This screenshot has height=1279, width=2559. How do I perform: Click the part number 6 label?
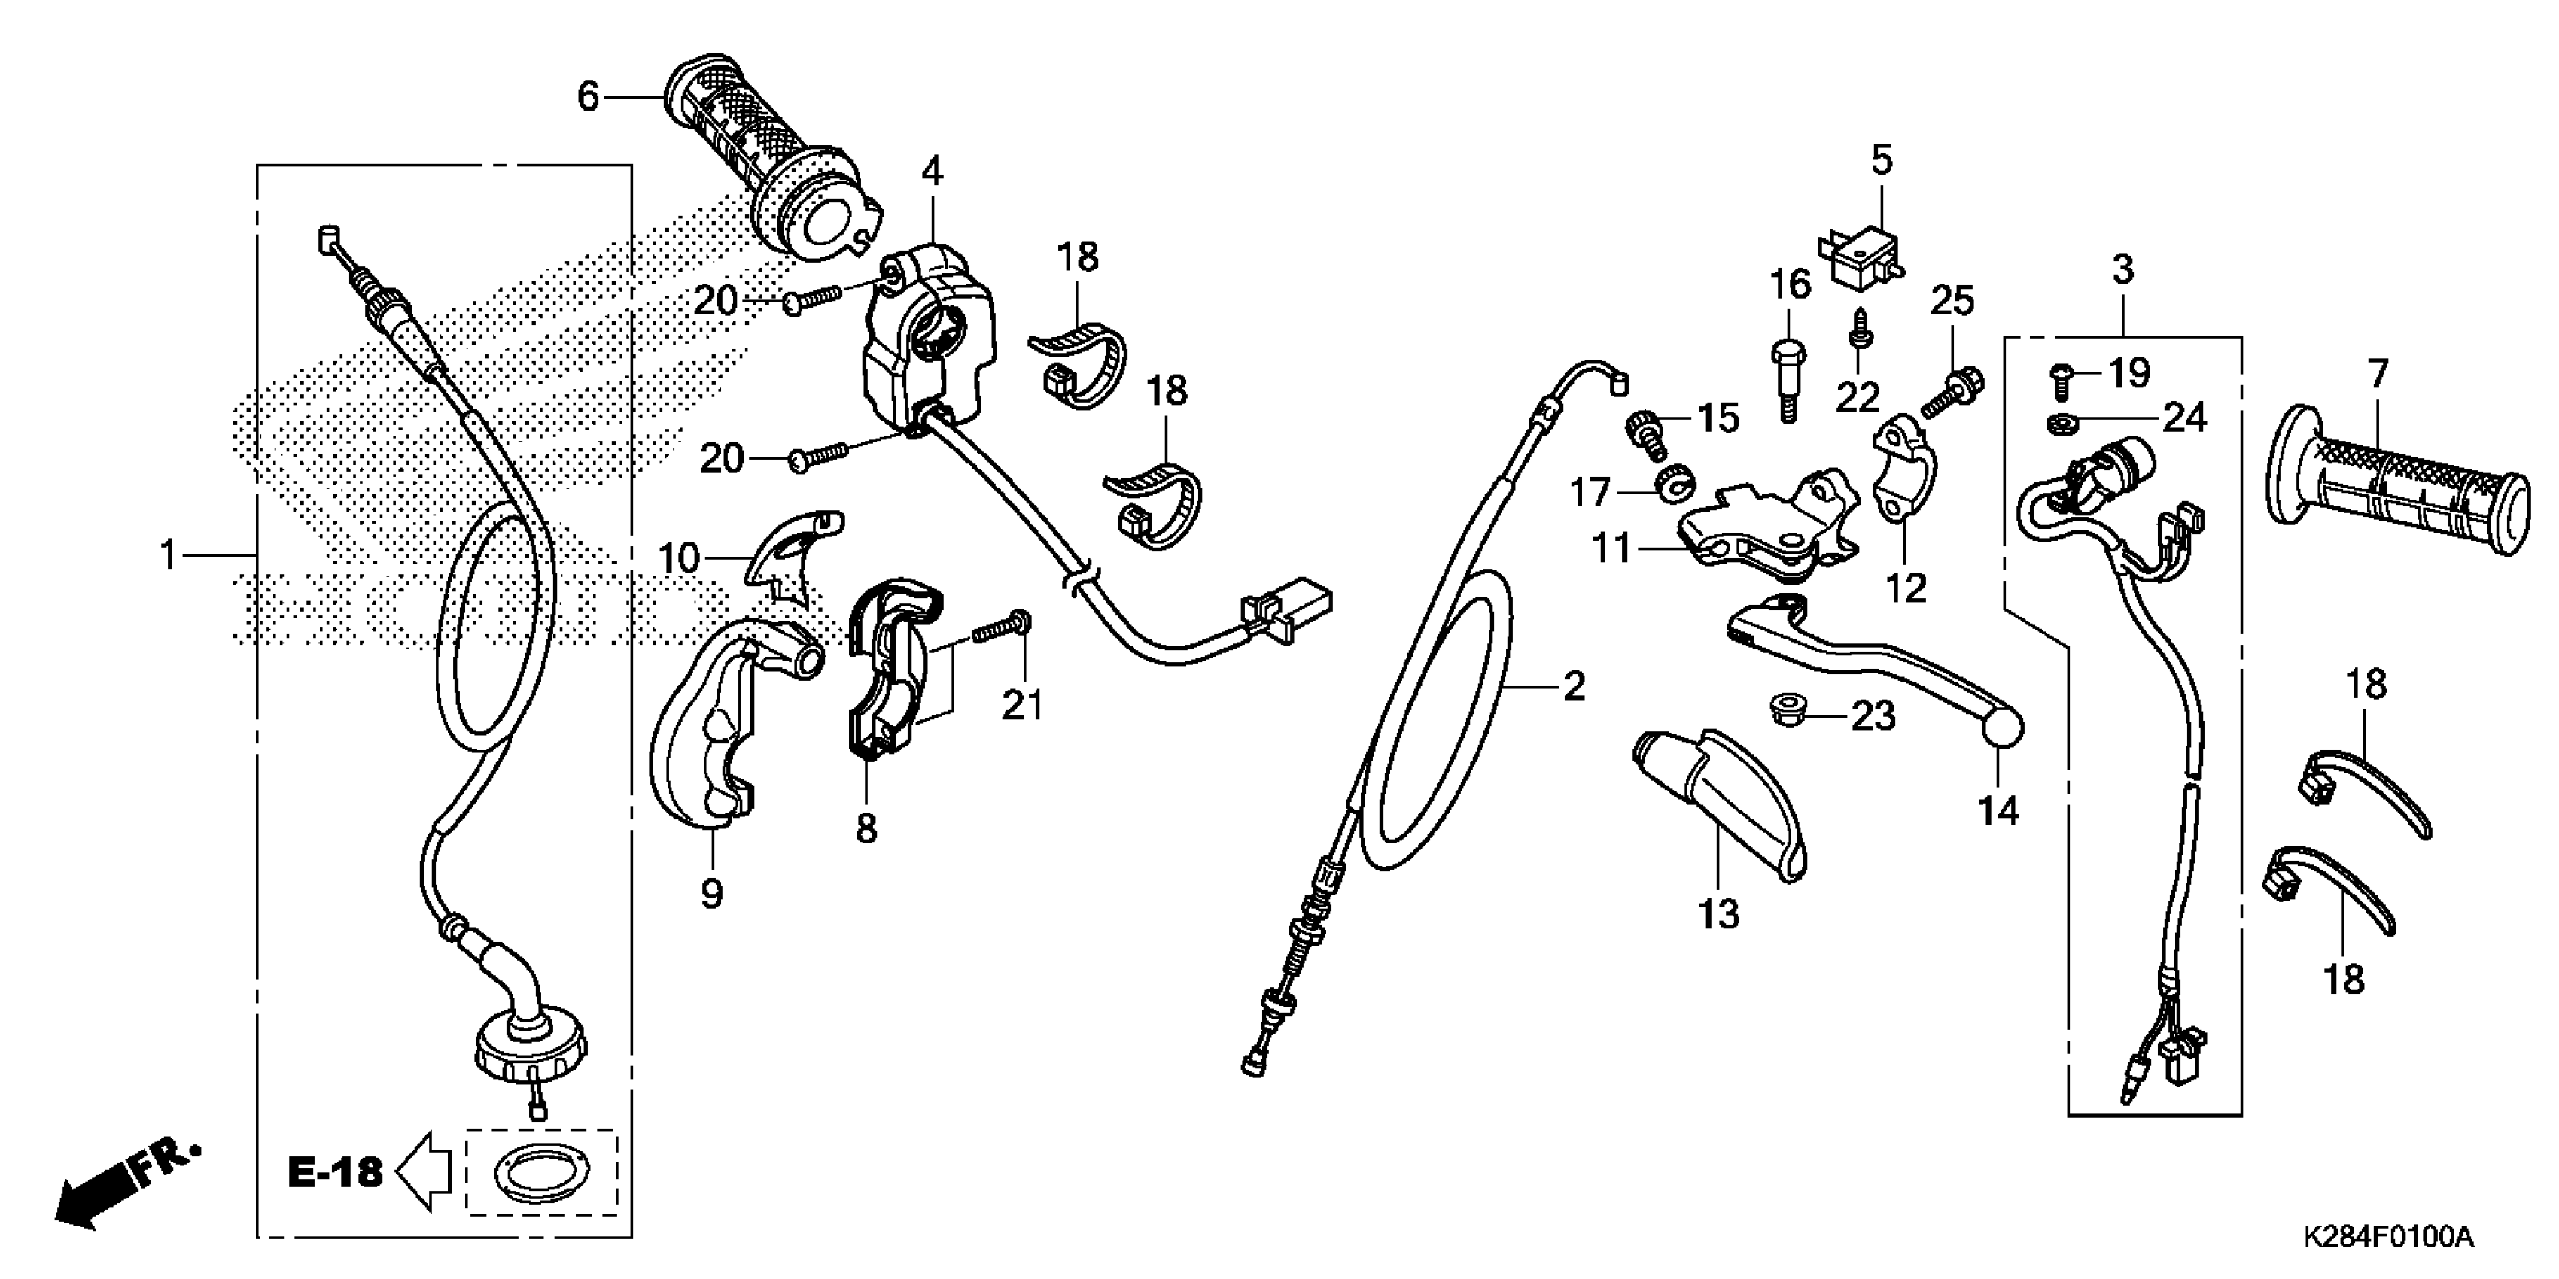[x=588, y=97]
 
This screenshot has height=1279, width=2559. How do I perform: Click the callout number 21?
[x=1022, y=705]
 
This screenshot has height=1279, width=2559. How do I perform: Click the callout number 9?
[x=711, y=894]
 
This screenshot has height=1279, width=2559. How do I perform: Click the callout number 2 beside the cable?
[x=1574, y=686]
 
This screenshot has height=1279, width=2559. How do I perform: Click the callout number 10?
[x=680, y=559]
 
